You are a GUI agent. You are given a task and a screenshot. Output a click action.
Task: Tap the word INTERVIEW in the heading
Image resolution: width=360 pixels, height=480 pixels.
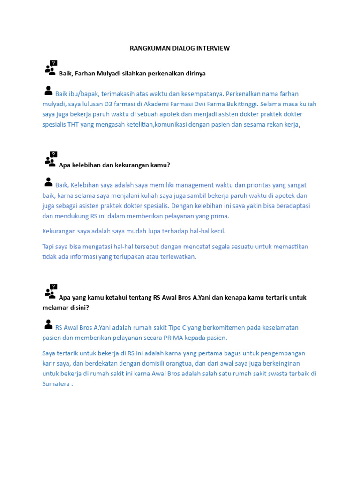pos(214,48)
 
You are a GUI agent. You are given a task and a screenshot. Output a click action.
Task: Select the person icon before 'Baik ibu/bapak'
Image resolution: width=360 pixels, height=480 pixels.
pos(48,90)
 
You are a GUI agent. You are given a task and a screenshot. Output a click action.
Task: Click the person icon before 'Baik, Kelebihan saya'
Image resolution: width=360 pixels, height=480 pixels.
pos(48,182)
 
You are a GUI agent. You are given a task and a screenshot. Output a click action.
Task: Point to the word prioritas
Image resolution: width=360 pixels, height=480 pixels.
pos(254,185)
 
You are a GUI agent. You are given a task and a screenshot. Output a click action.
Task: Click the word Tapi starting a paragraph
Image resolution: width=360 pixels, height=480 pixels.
pos(48,247)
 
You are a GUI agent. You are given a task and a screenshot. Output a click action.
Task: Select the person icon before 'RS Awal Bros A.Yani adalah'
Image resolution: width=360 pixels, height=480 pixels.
pos(48,324)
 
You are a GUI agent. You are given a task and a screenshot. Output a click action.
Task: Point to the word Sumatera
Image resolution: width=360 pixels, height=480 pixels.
pos(55,384)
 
